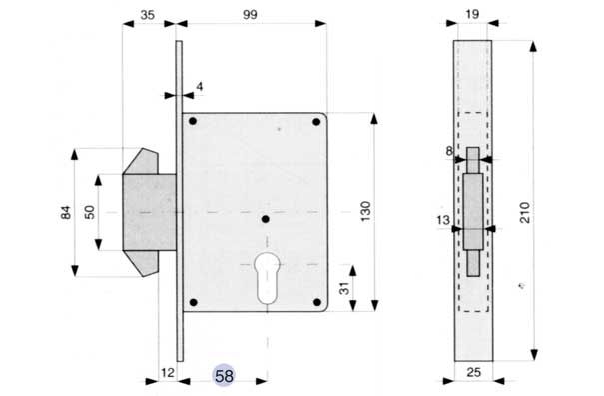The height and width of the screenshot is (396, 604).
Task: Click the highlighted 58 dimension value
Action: [x=224, y=376]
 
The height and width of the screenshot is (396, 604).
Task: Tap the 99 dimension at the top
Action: [x=250, y=15]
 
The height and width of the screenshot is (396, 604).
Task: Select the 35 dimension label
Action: [x=147, y=15]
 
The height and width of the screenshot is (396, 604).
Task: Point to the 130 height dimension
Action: [x=366, y=211]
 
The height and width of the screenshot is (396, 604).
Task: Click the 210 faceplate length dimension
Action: [x=525, y=212]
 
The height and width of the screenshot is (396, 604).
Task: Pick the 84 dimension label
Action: [x=66, y=212]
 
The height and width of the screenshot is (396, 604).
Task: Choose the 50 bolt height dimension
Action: [x=89, y=212]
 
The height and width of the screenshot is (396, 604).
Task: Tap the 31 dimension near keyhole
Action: [x=344, y=288]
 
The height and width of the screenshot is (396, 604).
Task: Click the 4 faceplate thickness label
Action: [x=199, y=86]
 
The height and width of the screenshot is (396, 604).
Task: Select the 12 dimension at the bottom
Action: [x=168, y=373]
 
